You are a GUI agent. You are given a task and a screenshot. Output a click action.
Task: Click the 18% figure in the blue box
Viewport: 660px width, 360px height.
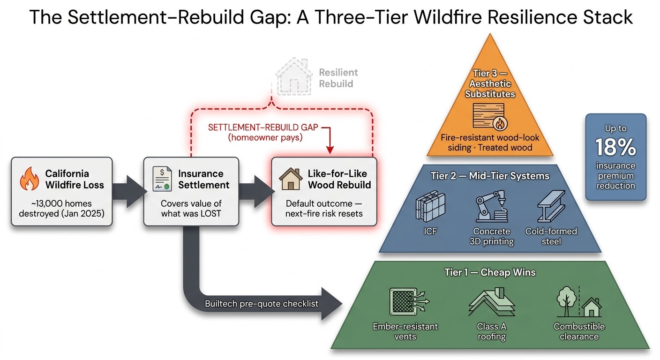[616, 148]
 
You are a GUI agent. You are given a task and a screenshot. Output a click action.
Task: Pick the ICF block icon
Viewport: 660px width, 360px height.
[430, 206]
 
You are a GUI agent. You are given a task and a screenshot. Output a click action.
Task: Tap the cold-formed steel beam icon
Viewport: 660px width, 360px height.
[551, 206]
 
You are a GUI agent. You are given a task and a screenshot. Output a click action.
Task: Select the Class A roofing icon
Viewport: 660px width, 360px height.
[492, 303]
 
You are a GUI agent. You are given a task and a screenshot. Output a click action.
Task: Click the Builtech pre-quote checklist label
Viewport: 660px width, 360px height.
[262, 304]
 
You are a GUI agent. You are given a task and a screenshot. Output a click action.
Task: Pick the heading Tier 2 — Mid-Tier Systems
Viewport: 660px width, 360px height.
[490, 176]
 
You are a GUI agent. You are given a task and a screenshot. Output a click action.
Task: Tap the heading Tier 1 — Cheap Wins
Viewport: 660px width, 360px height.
[490, 272]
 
